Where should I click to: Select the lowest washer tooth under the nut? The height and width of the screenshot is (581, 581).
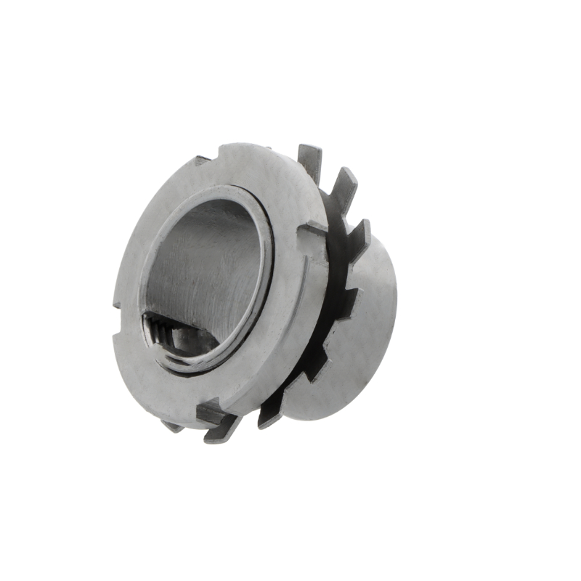[x=222, y=434]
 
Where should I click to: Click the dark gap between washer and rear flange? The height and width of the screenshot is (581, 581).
[x=330, y=305]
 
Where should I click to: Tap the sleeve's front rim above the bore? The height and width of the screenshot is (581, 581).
[x=218, y=193]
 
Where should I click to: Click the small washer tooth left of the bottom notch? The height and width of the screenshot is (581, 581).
[x=174, y=426]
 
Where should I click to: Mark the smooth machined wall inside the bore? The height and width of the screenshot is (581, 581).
[x=211, y=261]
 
